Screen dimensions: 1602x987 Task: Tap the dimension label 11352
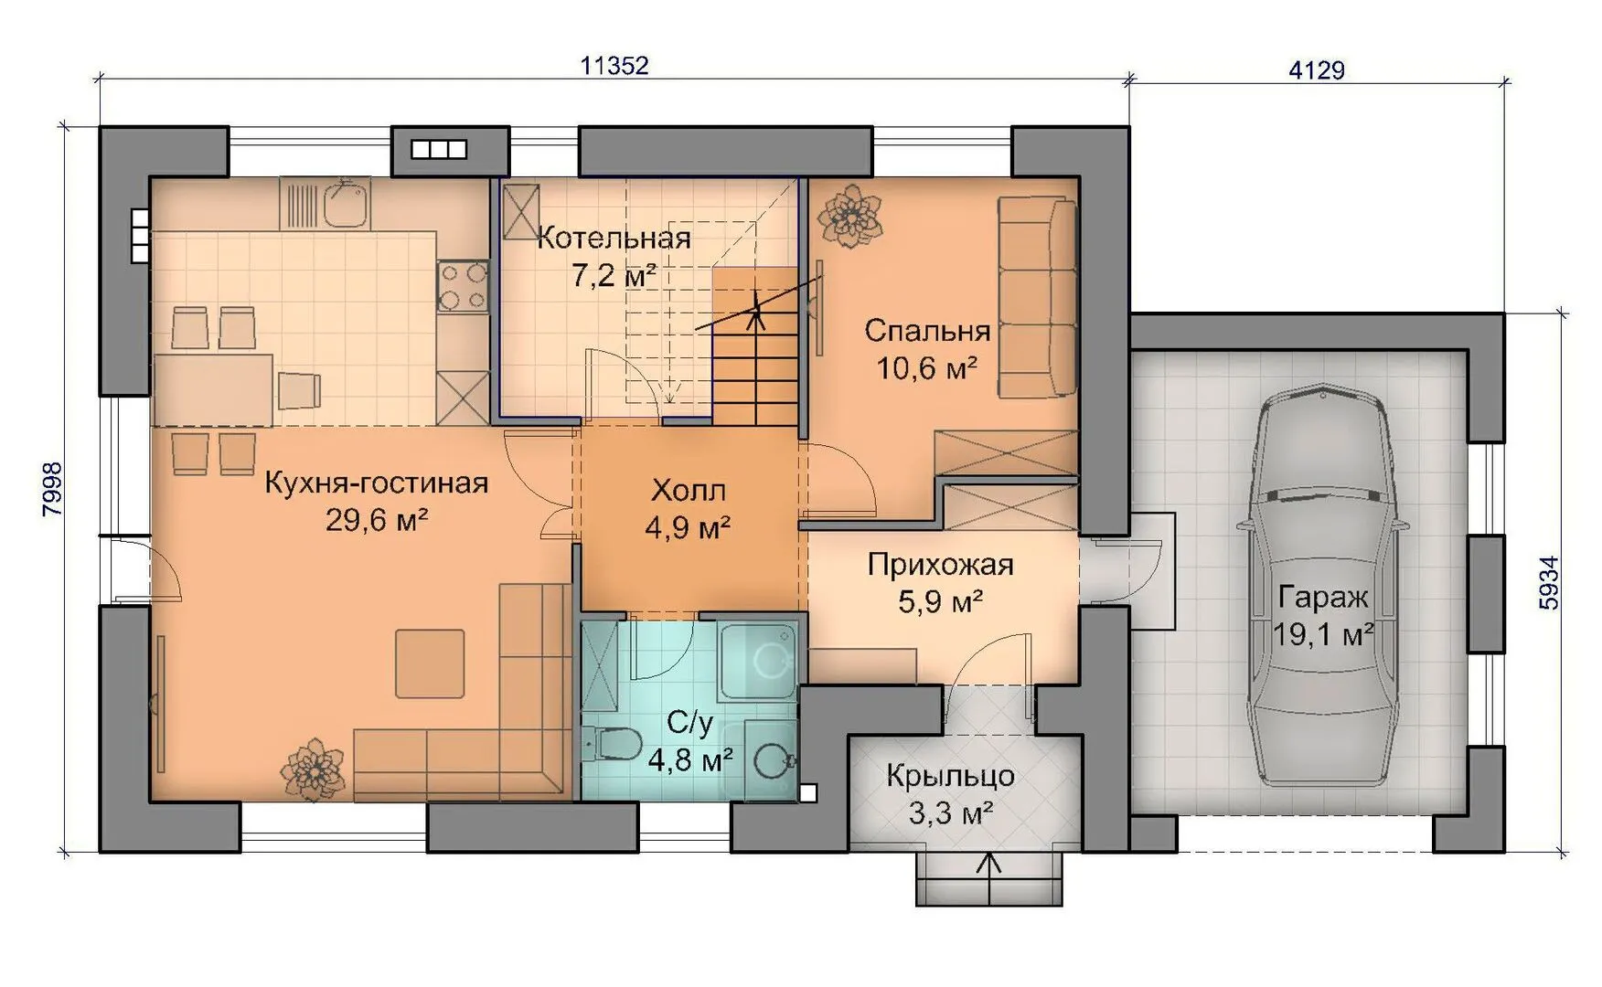[x=614, y=66]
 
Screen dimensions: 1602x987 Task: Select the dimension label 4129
[x=1317, y=69]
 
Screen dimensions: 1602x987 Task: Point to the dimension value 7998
[x=52, y=489]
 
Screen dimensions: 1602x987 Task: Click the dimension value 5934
[x=1549, y=583]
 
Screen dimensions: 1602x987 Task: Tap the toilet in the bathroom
[x=614, y=743]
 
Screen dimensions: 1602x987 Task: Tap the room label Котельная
[x=614, y=239]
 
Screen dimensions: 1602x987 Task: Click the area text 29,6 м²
[x=377, y=521]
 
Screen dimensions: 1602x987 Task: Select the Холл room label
[x=689, y=491]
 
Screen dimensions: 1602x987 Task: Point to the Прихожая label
[x=941, y=565]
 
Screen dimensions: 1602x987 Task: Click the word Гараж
[x=1323, y=598]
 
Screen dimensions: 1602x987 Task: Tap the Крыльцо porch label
[x=950, y=776]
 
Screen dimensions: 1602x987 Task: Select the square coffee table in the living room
[x=430, y=663]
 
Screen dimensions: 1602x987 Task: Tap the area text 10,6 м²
[x=927, y=368]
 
